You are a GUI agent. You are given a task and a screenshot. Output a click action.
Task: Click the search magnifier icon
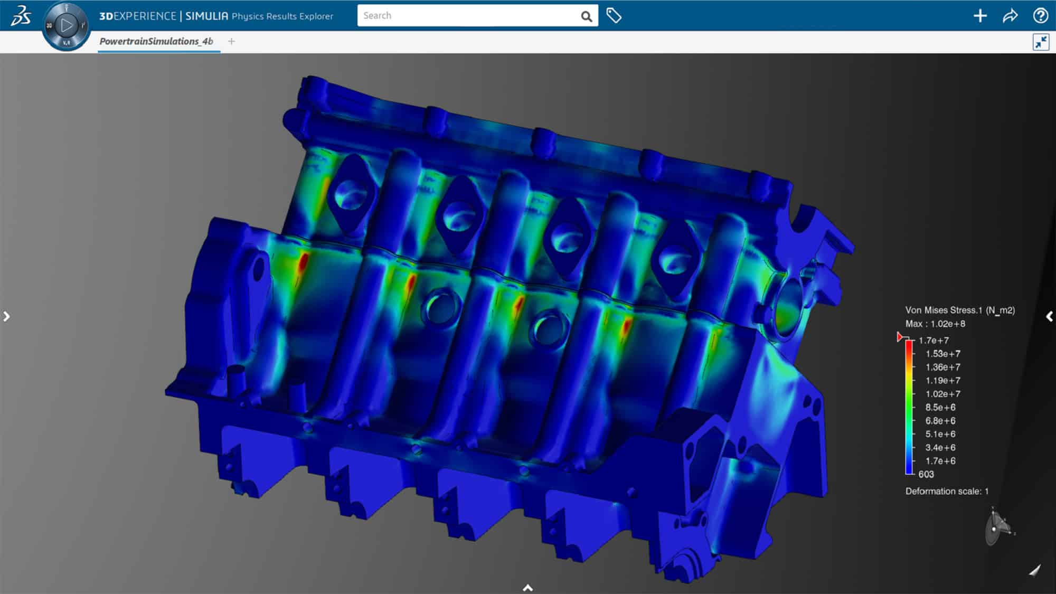pos(586,16)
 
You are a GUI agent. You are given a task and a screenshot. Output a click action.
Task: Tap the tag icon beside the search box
pos(614,16)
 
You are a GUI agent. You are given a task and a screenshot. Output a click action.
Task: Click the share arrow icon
pos(1010,16)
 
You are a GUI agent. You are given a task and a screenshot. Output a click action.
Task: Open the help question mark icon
pos(1040,16)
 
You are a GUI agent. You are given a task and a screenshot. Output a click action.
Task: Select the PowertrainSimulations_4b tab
pos(156,41)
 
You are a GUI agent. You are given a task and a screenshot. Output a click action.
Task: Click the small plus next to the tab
pos(231,41)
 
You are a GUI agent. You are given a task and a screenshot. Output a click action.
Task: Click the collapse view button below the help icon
pos(1041,42)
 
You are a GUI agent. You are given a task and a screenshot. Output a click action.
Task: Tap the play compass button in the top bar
pos(67,25)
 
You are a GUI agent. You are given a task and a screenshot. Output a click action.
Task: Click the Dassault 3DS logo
pos(21,16)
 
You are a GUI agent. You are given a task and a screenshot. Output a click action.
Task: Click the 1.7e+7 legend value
pos(934,341)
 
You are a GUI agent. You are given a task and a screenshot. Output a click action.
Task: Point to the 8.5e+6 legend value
pos(940,408)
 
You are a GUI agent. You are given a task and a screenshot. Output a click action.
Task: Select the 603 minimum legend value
pos(926,475)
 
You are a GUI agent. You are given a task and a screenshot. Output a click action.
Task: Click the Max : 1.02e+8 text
pos(935,324)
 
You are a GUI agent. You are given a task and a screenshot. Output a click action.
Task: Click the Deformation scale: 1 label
pos(947,492)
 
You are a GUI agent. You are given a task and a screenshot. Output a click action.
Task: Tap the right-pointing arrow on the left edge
pos(6,316)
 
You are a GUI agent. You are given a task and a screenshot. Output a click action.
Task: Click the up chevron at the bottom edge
pos(527,588)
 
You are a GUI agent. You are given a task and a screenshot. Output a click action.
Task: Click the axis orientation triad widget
pos(997,527)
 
